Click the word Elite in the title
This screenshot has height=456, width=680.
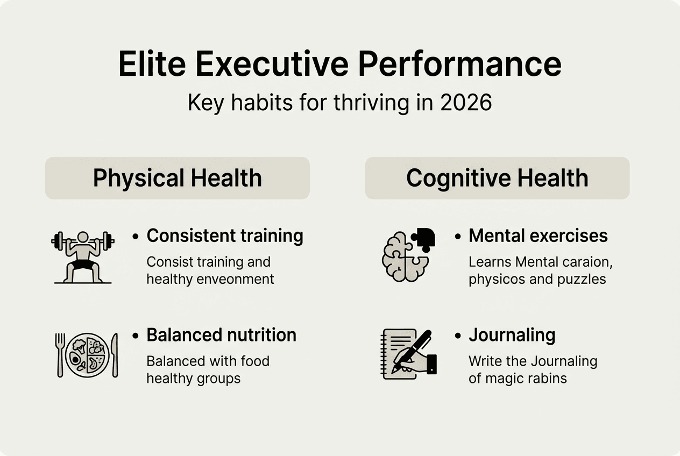(x=152, y=65)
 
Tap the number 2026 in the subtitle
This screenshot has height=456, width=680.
(x=466, y=103)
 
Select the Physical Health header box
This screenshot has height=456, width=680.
(x=178, y=178)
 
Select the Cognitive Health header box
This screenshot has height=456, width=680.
(x=497, y=178)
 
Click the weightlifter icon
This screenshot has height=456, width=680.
(x=83, y=257)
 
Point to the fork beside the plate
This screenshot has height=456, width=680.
(x=60, y=355)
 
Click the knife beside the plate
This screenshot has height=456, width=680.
(x=115, y=355)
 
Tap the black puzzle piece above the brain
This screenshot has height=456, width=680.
(x=424, y=239)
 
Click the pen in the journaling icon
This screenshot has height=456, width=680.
(x=412, y=351)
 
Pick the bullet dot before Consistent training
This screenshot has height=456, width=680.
(x=136, y=237)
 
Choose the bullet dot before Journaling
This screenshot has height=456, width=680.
(x=458, y=336)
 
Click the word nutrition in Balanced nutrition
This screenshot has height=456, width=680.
(x=261, y=335)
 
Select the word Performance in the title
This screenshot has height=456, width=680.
(x=459, y=65)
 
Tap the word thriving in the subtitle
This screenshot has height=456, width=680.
(x=371, y=103)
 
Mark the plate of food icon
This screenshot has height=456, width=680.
(x=87, y=355)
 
